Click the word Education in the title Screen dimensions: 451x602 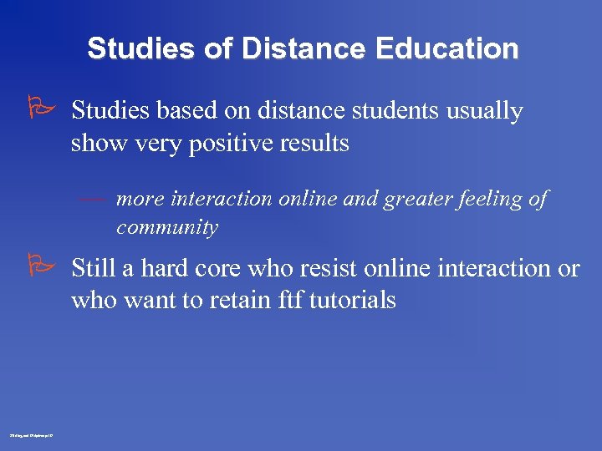coord(447,48)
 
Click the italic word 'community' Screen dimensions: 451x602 coord(167,227)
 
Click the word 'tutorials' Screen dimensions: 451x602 coord(353,300)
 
